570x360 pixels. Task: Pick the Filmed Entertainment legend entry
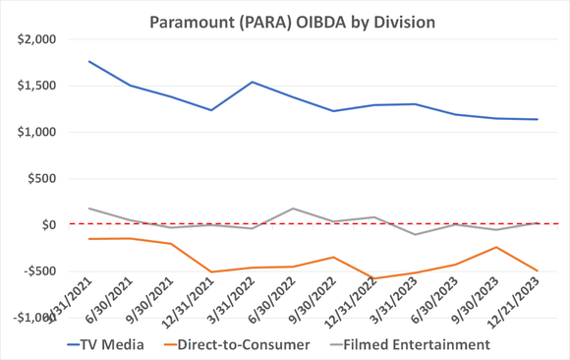418,344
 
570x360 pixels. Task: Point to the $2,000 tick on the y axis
36,39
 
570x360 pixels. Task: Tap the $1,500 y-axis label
36,86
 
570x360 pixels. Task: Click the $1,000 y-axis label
36,132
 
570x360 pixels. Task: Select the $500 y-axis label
42,178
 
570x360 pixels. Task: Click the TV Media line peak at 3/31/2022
252,82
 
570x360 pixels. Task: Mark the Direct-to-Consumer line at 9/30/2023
496,247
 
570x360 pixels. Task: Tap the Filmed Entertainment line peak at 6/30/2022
293,209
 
